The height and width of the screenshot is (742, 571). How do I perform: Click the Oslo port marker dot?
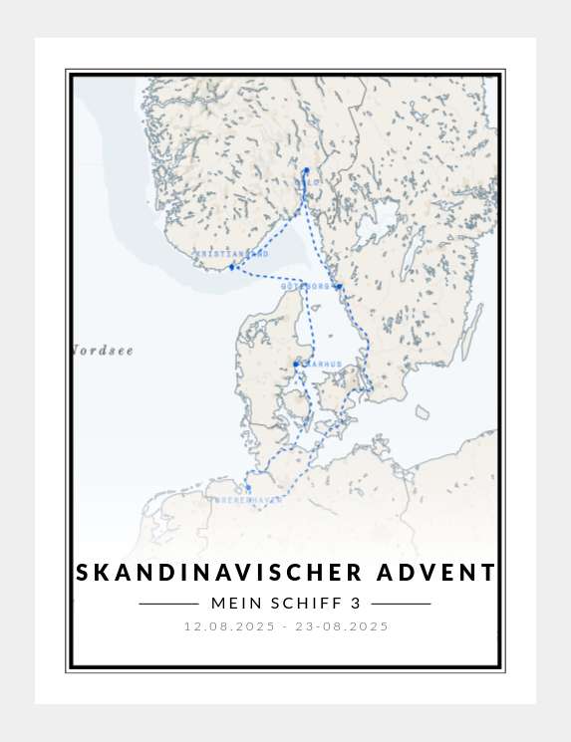point(306,171)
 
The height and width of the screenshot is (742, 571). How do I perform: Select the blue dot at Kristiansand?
point(231,267)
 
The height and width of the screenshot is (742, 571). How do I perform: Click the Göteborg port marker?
point(338,287)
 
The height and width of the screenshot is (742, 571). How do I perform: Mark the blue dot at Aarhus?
point(296,364)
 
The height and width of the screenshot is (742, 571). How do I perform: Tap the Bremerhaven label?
point(245,499)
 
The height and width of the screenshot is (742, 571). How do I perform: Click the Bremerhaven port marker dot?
point(246,487)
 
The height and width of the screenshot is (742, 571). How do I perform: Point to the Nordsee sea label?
point(103,351)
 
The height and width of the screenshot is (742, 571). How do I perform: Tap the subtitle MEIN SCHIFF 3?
point(285,604)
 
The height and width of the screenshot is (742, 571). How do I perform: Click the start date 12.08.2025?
point(228,626)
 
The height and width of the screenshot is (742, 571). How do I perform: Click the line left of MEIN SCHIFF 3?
point(168,604)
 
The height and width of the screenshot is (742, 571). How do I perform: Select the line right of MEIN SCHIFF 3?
point(401,604)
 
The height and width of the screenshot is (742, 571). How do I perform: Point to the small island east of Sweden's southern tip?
point(422,411)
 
